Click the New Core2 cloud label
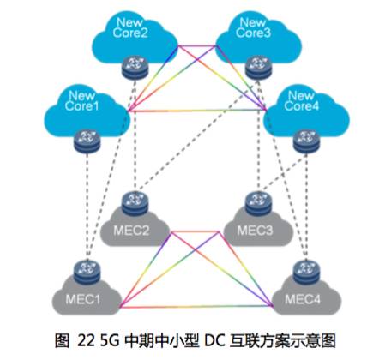coord(130,27)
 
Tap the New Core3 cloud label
coord(253,27)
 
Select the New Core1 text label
coord(81,100)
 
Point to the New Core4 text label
coord(301,100)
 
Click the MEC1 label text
coord(83,299)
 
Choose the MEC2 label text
coord(131,231)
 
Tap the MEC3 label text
coord(255,231)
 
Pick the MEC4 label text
coord(303,299)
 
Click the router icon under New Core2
coord(135,67)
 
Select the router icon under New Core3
coord(258,67)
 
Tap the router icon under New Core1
coord(87,141)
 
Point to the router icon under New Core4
coord(306,141)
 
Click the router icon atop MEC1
coord(87,272)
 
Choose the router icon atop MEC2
coord(135,203)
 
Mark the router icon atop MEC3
coord(258,203)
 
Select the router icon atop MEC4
coord(306,272)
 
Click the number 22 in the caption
coord(86,340)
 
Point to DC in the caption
coord(214,340)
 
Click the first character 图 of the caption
coord(62,340)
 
